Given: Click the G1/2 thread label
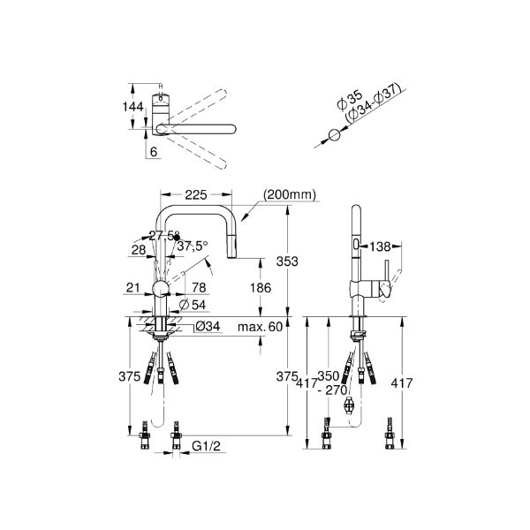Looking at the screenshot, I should pos(206,447).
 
